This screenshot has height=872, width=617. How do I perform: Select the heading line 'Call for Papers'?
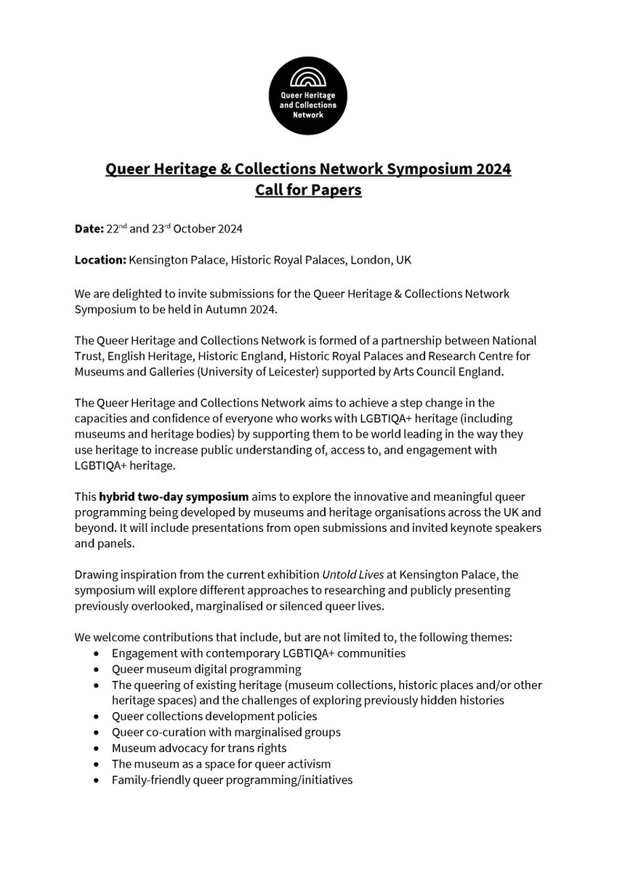point(308,191)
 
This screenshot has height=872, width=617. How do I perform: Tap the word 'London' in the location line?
point(371,259)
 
